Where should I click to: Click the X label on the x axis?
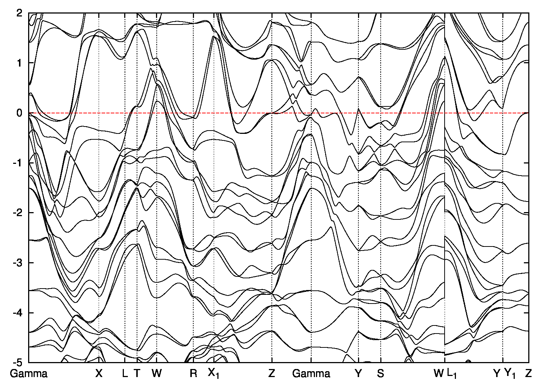pyautogui.click(x=99, y=373)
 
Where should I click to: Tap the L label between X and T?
pyautogui.click(x=125, y=373)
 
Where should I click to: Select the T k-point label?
pyautogui.click(x=137, y=373)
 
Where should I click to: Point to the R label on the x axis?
pyautogui.click(x=193, y=373)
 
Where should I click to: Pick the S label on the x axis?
pyautogui.click(x=380, y=373)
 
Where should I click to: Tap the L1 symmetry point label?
pyautogui.click(x=452, y=374)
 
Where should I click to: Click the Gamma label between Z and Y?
pyautogui.click(x=311, y=373)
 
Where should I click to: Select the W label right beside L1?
pyautogui.click(x=438, y=373)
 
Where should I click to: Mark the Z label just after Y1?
pyautogui.click(x=528, y=373)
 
